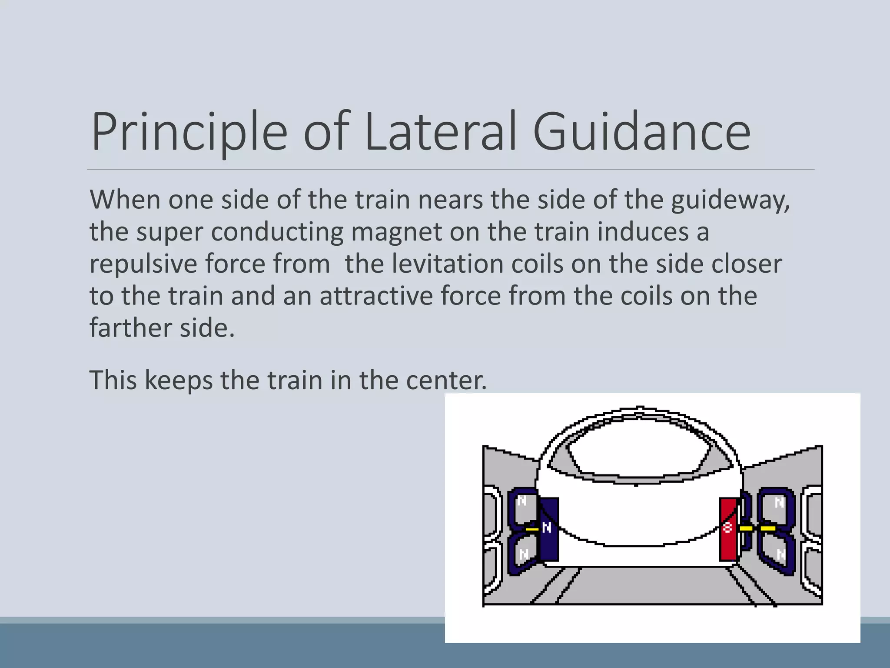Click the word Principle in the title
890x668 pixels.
click(189, 131)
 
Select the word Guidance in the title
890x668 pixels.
click(641, 131)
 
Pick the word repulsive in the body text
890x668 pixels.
click(143, 264)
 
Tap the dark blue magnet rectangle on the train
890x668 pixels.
click(549, 529)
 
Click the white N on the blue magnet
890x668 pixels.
click(547, 528)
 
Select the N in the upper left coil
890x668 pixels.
click(522, 501)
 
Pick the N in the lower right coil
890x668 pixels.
click(781, 554)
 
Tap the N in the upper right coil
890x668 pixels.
click(780, 503)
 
